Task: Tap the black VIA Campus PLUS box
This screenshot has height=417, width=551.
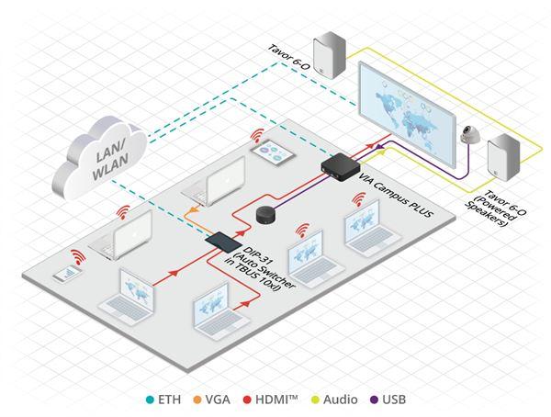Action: (x=341, y=166)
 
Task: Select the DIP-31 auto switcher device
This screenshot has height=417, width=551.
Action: (x=224, y=242)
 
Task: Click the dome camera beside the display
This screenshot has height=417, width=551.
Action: (x=470, y=134)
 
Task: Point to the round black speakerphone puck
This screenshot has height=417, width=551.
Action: (x=265, y=215)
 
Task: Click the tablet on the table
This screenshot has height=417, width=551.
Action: (x=273, y=152)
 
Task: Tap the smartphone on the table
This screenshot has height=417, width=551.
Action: (x=67, y=274)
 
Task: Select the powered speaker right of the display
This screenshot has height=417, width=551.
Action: (x=503, y=156)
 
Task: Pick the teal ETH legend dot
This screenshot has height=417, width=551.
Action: (x=150, y=400)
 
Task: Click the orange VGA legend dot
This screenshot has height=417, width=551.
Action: (x=197, y=400)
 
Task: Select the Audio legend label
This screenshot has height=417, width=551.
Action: (x=340, y=400)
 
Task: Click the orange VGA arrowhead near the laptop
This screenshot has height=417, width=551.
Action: (x=193, y=210)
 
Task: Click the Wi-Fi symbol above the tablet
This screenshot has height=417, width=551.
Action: (x=257, y=136)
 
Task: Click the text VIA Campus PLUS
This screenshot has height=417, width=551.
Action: (x=397, y=193)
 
